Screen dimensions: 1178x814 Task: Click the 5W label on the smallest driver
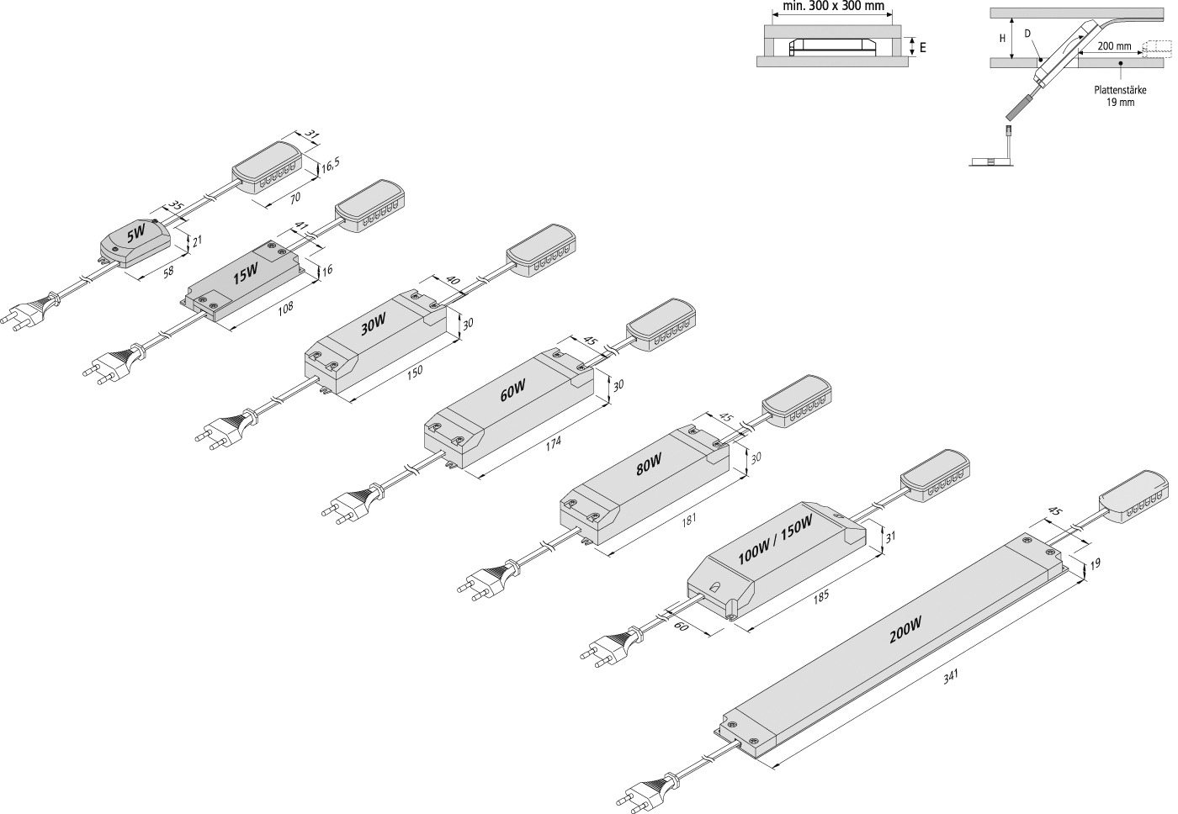[135, 235]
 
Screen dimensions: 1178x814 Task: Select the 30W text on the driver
[374, 325]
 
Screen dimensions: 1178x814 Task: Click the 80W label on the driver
[649, 464]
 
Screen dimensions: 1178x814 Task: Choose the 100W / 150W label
[775, 540]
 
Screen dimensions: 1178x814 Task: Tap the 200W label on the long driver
[905, 630]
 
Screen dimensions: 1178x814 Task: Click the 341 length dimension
[951, 676]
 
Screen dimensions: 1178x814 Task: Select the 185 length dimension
[821, 596]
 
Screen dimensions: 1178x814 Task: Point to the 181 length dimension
[688, 519]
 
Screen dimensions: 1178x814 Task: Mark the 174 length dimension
[554, 442]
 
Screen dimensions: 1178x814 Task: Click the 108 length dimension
[285, 308]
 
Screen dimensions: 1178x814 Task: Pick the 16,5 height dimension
[331, 166]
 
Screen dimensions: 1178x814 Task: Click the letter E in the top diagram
[922, 48]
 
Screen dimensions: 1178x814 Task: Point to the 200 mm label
[1114, 46]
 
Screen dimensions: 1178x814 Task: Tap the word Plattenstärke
[1120, 90]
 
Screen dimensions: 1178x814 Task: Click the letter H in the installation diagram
[1002, 39]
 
